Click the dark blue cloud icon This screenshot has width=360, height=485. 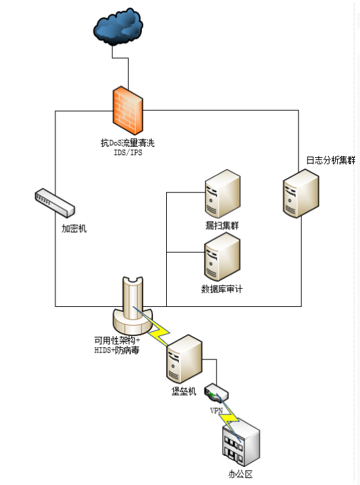pyautogui.click(x=118, y=27)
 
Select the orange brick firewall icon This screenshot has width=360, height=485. pyautogui.click(x=128, y=110)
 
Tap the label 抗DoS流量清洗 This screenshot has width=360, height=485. pyautogui.click(x=127, y=143)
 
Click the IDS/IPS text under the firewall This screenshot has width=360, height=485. pyautogui.click(x=128, y=152)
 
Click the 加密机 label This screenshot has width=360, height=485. pyautogui.click(x=74, y=229)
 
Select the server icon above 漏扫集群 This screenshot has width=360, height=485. pyautogui.click(x=222, y=193)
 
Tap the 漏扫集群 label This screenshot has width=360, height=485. pyautogui.click(x=222, y=225)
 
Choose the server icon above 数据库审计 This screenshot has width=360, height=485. pyautogui.click(x=222, y=257)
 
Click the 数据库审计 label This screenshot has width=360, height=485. pyautogui.click(x=222, y=289)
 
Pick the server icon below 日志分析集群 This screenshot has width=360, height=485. pyautogui.click(x=301, y=193)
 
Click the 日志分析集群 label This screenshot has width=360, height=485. pyautogui.click(x=331, y=160)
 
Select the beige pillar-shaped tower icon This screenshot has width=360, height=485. pyautogui.click(x=132, y=306)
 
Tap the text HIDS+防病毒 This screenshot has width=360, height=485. pyautogui.click(x=117, y=350)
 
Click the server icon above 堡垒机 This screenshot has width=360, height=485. pyautogui.click(x=184, y=359)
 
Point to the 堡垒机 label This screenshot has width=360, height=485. pyautogui.click(x=184, y=391)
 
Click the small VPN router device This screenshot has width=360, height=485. pyautogui.click(x=216, y=393)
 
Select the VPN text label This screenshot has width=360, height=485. pyautogui.click(x=216, y=411)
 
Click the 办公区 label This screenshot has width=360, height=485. pyautogui.click(x=240, y=474)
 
